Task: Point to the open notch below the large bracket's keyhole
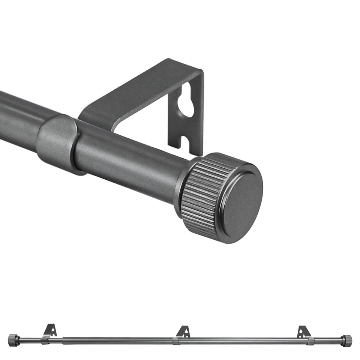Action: pyautogui.click(x=185, y=142)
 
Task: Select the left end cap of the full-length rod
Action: pyautogui.click(x=13, y=340)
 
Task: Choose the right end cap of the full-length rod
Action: pyautogui.click(x=346, y=340)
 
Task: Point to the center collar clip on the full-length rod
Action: pyautogui.click(x=175, y=341)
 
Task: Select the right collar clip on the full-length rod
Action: pyautogui.click(x=311, y=341)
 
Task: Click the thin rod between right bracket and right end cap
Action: pyautogui.click(x=328, y=341)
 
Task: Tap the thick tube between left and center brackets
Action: pyautogui.click(x=112, y=340)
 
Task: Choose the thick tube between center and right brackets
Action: pyautogui.click(x=244, y=341)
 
